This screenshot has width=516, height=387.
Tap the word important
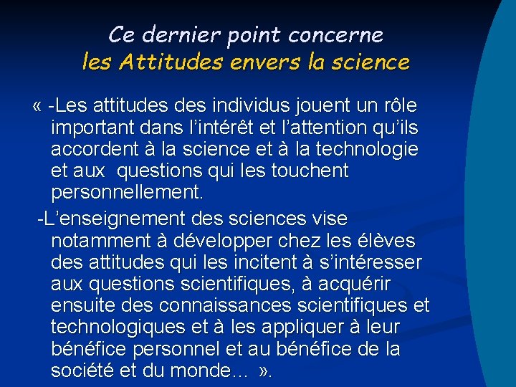tap(92, 128)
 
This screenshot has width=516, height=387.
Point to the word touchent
tap(307, 171)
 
